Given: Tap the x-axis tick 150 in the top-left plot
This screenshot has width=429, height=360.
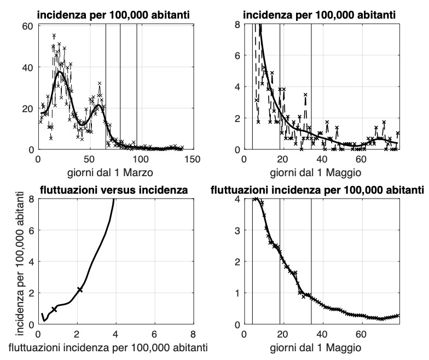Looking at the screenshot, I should [x=192, y=159].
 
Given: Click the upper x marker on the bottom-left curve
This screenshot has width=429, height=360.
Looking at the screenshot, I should [x=80, y=289].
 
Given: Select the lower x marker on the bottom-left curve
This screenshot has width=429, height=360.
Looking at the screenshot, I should [x=54, y=309].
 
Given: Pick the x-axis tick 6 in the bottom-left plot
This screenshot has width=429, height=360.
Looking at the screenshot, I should [x=154, y=334].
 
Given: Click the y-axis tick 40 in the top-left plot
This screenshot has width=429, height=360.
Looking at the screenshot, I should [x=27, y=67].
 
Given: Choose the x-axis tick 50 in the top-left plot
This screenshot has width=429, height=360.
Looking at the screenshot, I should [x=89, y=159].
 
